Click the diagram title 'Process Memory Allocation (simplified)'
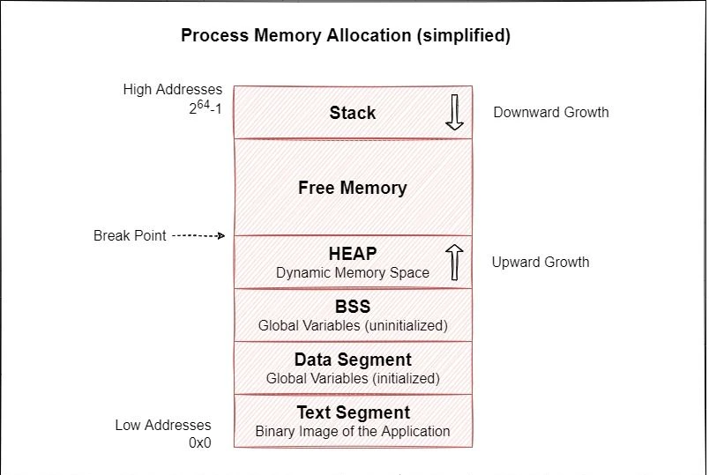[x=346, y=36]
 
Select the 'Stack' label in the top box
[x=353, y=113]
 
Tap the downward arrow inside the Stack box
[x=454, y=113]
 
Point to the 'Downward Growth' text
[x=550, y=113]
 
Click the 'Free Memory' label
[x=353, y=188]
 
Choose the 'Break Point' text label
[x=130, y=236]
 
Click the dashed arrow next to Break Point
[x=199, y=236]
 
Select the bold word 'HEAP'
[x=353, y=254]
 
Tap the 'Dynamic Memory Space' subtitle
[x=353, y=273]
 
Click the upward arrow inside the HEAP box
[x=454, y=263]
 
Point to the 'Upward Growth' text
[x=541, y=263]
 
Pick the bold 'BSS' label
[x=353, y=307]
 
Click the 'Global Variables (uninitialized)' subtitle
[x=353, y=326]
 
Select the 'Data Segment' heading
[x=353, y=360]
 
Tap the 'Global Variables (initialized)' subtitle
[x=353, y=379]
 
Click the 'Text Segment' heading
[x=353, y=412]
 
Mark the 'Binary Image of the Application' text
[x=353, y=432]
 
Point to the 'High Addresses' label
[x=174, y=90]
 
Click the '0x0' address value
[x=199, y=443]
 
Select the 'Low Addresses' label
[x=163, y=426]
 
